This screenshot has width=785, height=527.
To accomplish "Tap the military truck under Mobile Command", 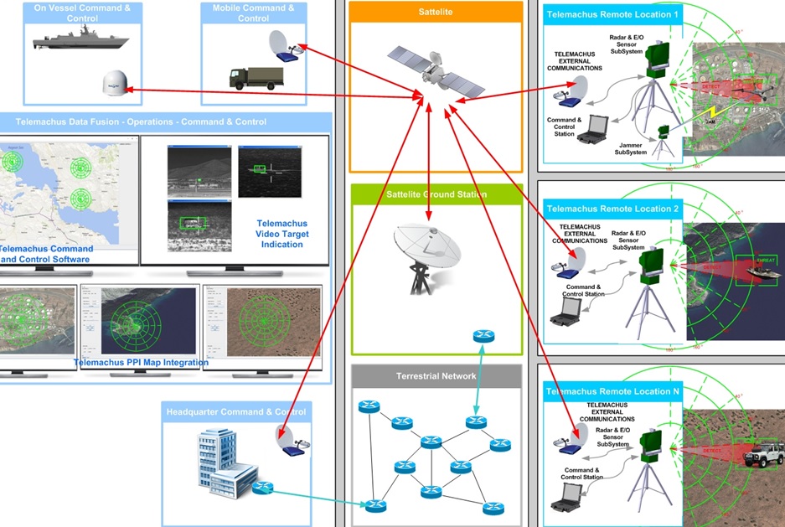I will point(256,78).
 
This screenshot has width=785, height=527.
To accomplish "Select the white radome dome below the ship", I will point(113,84).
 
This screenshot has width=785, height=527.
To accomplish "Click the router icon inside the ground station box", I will point(483,335).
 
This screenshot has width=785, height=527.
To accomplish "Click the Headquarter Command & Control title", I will point(237,411).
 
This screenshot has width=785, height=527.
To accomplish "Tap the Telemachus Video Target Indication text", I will point(282,234).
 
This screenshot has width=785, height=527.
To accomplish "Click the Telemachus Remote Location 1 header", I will point(612,14).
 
